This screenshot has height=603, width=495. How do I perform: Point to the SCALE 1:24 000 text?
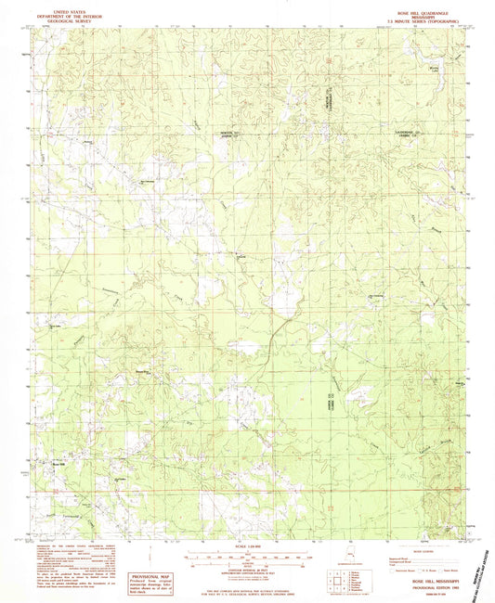pyautogui.click(x=247, y=546)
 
